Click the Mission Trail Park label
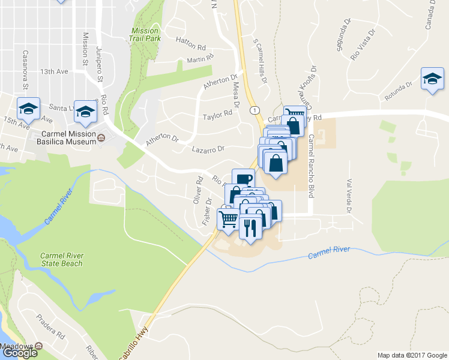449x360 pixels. [144, 34]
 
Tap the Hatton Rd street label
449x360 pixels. [191, 40]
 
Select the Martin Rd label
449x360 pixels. [200, 59]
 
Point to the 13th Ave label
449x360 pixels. [54, 71]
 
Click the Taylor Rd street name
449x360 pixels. [217, 114]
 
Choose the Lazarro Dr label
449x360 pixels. [208, 149]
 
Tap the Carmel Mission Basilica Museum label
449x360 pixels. [68, 137]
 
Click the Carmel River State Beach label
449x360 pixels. [62, 259]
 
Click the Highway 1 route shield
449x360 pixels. [256, 110]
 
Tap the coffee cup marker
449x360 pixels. [243, 178]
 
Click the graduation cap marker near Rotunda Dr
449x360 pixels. [432, 79]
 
